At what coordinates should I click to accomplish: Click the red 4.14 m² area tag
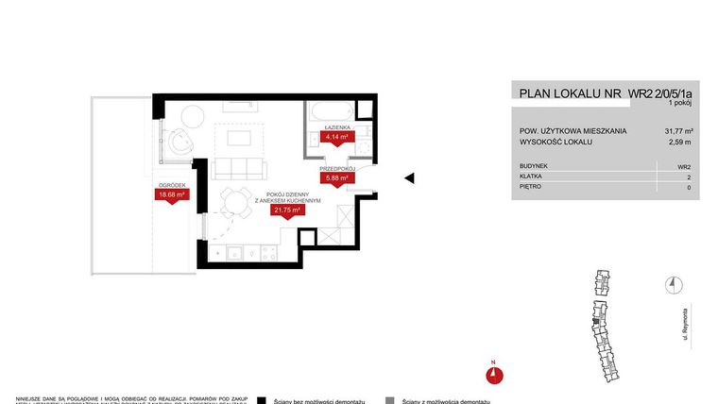[335, 136]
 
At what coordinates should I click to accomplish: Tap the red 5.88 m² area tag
[337, 177]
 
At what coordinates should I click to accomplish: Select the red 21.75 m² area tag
[286, 210]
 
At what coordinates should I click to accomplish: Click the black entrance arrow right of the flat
[410, 177]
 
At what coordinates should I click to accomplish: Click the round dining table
[233, 200]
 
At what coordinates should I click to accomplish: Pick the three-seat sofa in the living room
[242, 169]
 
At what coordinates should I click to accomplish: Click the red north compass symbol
[493, 374]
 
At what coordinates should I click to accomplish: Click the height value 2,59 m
[680, 143]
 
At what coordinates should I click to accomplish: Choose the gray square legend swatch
[389, 399]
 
